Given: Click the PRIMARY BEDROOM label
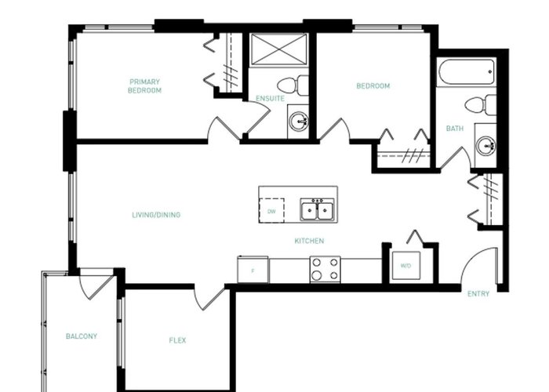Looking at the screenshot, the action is [x=144, y=86].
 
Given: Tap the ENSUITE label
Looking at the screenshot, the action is [x=270, y=98].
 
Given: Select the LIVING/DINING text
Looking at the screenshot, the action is [x=156, y=215].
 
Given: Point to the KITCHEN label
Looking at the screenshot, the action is [x=309, y=241].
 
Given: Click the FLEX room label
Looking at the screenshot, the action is [x=177, y=340].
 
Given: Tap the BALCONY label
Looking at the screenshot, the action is [x=82, y=336].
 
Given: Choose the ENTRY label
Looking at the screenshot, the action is [x=478, y=294].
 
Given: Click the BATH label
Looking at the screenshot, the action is [x=455, y=129].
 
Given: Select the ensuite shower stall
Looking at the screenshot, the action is [x=279, y=49].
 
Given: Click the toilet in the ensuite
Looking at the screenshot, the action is [x=293, y=85].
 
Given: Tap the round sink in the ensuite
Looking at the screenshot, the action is [x=298, y=122].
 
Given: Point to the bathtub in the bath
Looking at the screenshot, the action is [x=466, y=72].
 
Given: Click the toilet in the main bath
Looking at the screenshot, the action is [x=480, y=104].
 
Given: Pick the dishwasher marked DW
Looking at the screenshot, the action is [x=271, y=211].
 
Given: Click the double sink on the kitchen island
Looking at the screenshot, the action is [x=317, y=209].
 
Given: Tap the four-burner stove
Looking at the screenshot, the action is [x=325, y=269].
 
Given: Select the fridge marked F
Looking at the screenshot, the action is [x=253, y=270].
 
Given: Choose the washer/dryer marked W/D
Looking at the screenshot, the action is [x=405, y=266].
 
